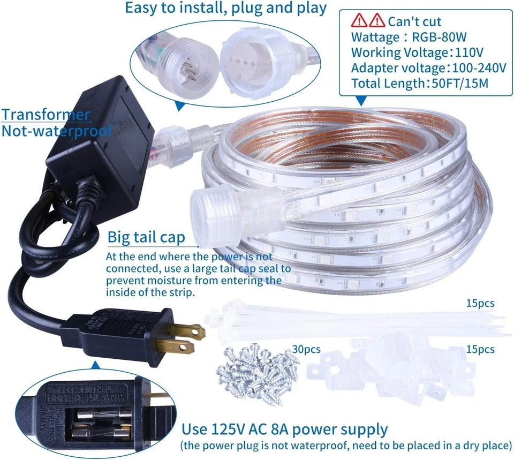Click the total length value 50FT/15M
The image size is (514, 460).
click(461, 84)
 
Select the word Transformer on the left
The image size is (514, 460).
click(45, 115)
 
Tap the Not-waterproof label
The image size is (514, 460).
click(56, 131)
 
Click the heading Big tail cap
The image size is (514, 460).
click(146, 237)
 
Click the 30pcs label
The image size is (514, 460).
click(306, 350)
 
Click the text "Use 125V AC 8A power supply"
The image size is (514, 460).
click(284, 429)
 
